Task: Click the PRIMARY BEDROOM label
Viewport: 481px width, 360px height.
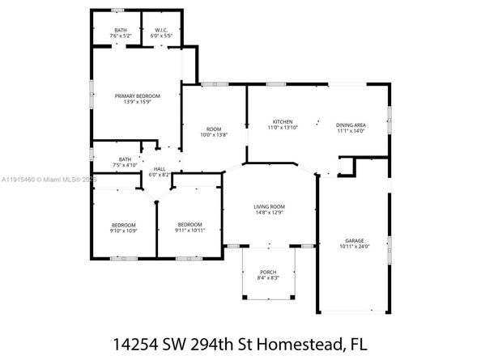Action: click(x=137, y=96)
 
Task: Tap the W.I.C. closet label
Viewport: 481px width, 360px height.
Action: click(x=160, y=31)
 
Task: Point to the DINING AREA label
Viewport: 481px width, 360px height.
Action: click(x=351, y=125)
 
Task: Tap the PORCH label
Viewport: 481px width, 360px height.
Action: click(x=267, y=272)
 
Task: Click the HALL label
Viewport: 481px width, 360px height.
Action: click(x=160, y=169)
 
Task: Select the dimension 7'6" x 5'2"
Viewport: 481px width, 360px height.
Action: click(x=120, y=36)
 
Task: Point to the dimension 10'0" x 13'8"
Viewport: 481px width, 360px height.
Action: click(x=213, y=134)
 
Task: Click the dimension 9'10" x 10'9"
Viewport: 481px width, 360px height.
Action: click(x=124, y=231)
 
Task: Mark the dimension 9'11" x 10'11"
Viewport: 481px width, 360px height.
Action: click(x=189, y=231)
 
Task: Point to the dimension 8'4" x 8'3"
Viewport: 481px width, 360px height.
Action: click(x=267, y=277)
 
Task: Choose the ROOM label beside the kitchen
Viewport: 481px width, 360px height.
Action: click(x=213, y=129)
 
